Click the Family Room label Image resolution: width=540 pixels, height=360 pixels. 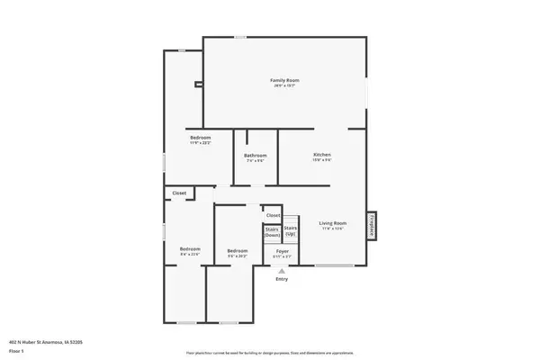pos(284,81)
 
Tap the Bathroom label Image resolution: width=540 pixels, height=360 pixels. pos(255,156)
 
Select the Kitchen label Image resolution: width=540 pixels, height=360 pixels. pos(322,155)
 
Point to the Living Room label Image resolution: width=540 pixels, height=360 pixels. pos(333,223)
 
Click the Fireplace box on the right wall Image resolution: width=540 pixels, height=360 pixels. pos(372,225)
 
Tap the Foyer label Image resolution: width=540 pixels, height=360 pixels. pos(282,251)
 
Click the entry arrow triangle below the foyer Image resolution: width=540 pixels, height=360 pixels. pos(282,271)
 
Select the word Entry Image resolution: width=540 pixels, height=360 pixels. pos(282,279)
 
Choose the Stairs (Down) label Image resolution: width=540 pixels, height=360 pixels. pos(272,232)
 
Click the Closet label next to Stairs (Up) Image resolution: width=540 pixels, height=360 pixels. pos(272,213)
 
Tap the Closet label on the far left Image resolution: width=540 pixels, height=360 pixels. pos(180,193)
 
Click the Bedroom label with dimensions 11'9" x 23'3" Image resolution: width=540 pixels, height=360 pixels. pos(200,137)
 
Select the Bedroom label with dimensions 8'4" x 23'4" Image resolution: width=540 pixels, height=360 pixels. pos(189,248)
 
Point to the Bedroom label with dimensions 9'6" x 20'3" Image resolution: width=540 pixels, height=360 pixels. pos(238,250)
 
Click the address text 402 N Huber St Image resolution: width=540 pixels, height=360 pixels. pos(41,343)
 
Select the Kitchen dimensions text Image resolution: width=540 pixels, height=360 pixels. pos(322,161)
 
